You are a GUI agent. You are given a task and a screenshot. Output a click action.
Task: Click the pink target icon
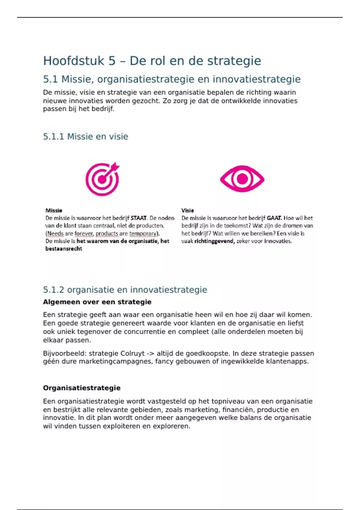102,179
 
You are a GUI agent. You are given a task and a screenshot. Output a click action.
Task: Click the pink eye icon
242,179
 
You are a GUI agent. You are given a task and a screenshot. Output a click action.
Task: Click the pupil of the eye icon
242,179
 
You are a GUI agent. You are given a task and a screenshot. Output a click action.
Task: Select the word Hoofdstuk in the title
74,61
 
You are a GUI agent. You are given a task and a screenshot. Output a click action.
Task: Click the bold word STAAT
139,218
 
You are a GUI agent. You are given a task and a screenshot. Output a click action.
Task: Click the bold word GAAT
274,218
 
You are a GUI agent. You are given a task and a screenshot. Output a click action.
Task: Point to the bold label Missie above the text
54,211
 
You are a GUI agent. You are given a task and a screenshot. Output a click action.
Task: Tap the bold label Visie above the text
187,211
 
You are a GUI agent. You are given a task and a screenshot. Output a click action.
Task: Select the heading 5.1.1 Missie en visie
85,136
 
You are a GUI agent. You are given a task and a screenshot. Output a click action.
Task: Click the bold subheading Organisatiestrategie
82,388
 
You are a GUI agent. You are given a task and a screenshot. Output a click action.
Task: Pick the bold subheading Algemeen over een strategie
97,302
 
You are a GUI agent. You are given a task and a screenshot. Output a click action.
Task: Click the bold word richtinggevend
214,241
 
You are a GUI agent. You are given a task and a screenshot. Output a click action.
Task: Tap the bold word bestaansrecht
64,249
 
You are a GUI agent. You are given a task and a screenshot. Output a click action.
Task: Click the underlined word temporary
143,233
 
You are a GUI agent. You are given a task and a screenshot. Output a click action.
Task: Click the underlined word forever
84,233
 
